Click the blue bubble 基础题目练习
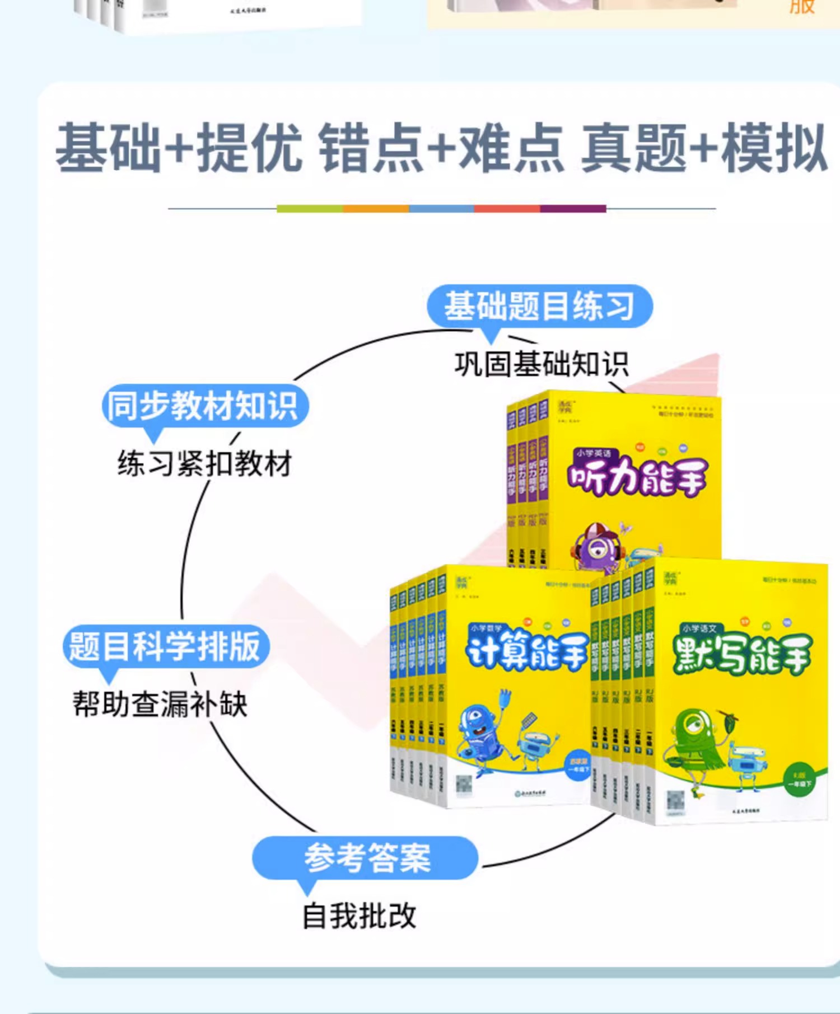pos(539,307)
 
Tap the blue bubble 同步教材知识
pos(204,406)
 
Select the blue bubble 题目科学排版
pos(166,646)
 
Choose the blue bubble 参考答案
pos(367,857)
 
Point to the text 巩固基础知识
pos(542,364)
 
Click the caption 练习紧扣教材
pos(204,464)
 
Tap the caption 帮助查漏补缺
pos(160,704)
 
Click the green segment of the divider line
pos(310,209)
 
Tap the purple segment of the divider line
pos(573,209)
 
